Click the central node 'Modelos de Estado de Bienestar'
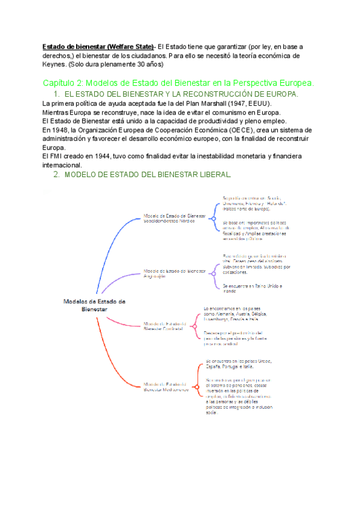click(x=94, y=304)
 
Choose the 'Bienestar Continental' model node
click(x=165, y=326)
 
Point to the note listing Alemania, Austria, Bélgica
click(x=235, y=314)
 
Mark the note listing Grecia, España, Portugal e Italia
click(x=238, y=364)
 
